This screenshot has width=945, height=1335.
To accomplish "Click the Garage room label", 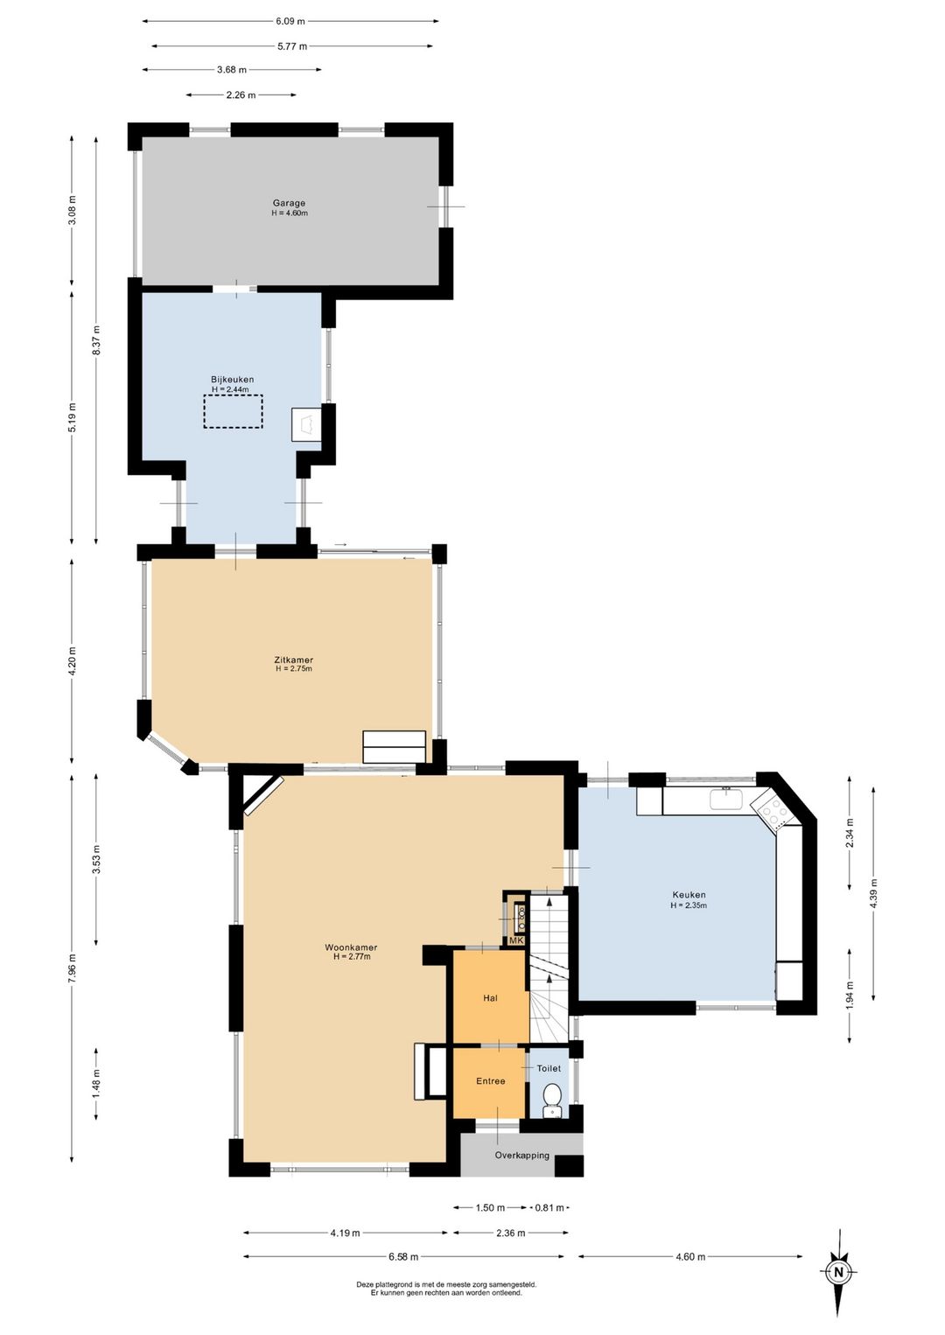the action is [x=289, y=203].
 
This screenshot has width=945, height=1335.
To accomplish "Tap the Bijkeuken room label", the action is [x=233, y=379].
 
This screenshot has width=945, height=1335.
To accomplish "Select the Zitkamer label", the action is [x=293, y=660].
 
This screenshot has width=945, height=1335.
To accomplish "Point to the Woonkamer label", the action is [x=351, y=947].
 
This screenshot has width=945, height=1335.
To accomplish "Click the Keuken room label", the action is [x=689, y=895].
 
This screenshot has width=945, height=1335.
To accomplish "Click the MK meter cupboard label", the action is [x=516, y=940].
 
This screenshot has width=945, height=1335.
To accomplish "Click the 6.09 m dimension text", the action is [x=290, y=22].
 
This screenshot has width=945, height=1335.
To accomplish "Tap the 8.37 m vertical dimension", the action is [x=96, y=340].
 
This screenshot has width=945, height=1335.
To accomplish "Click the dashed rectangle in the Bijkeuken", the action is [x=233, y=411].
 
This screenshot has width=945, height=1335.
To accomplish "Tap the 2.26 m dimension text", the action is [x=241, y=94].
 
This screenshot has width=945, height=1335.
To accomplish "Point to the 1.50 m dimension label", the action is [x=490, y=1208].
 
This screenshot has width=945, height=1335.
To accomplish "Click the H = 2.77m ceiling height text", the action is [x=352, y=956].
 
